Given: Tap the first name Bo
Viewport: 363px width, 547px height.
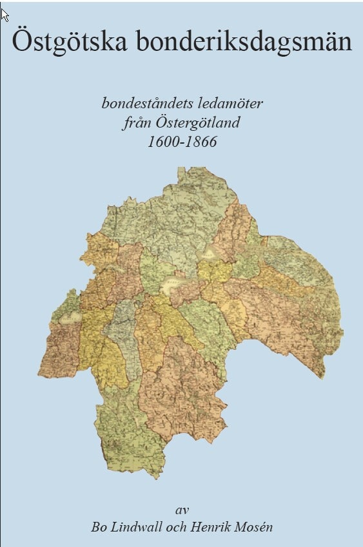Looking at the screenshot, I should point(99,527).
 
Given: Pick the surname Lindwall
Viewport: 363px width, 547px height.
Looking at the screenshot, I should point(137,527).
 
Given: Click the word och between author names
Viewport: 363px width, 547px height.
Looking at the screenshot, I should point(177,527).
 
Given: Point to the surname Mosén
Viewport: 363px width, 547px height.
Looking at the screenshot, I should point(253,527).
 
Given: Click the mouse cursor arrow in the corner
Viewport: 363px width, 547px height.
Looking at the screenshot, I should point(5,14).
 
